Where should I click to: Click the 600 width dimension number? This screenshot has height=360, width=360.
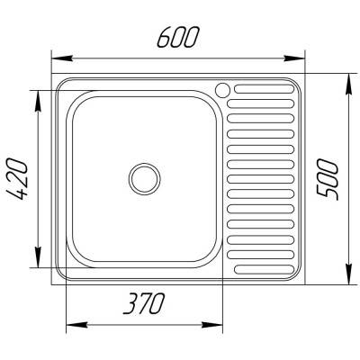[176, 37]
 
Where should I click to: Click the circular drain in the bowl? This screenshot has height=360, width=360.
[143, 176]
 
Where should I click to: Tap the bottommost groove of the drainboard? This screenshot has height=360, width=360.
[263, 268]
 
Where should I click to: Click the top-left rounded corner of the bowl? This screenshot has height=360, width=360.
[76, 98]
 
